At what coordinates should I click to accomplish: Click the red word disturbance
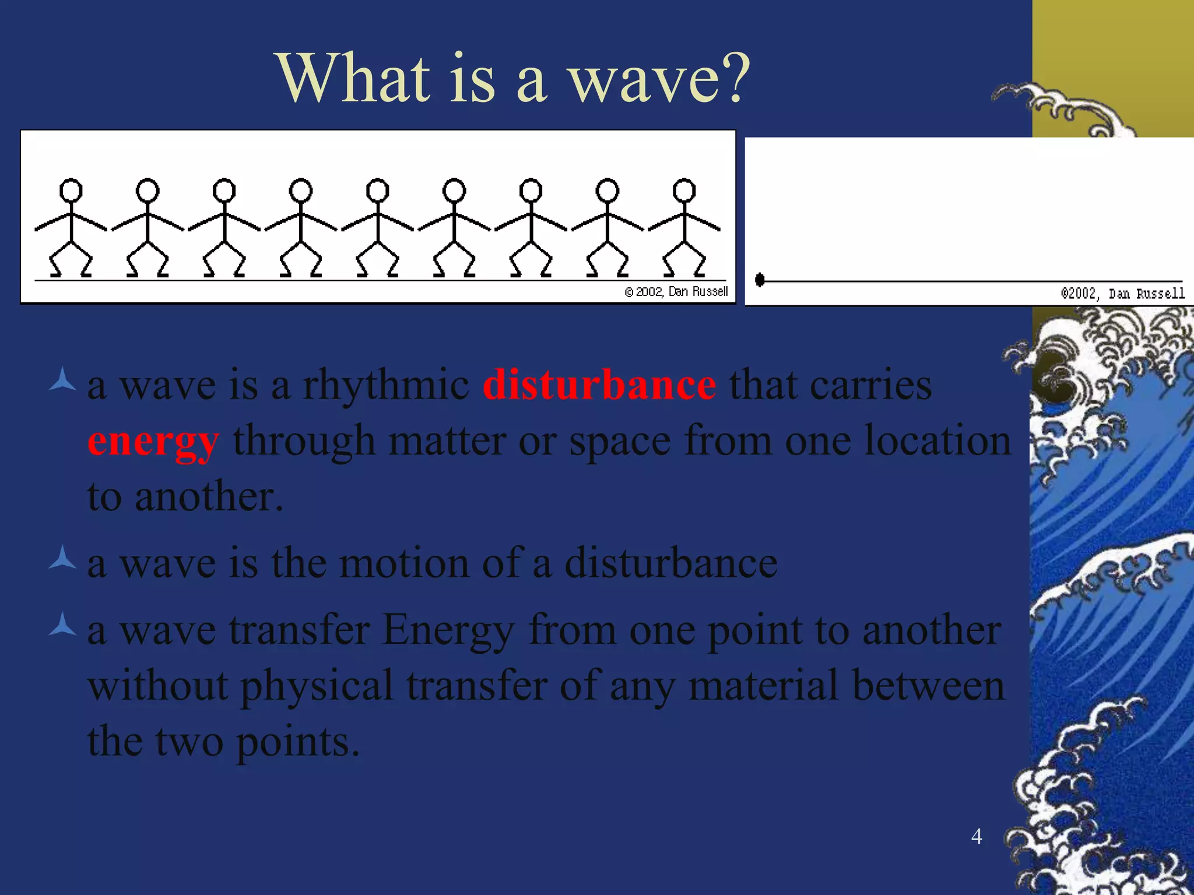point(599,385)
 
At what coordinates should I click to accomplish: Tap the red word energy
point(153,442)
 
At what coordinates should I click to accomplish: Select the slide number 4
point(977,836)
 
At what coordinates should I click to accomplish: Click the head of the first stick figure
point(71,190)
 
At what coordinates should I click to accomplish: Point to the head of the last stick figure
point(684,190)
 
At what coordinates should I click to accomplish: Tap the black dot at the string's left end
point(760,280)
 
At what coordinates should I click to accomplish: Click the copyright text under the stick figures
point(676,291)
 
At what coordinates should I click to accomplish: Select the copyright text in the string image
point(1122,293)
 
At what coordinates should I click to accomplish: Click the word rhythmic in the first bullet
point(385,385)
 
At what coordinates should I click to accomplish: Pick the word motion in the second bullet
point(404,563)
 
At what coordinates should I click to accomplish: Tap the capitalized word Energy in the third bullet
point(448,631)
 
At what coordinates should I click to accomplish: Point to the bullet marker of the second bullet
point(62,558)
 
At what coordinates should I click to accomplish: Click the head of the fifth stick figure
point(377,190)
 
